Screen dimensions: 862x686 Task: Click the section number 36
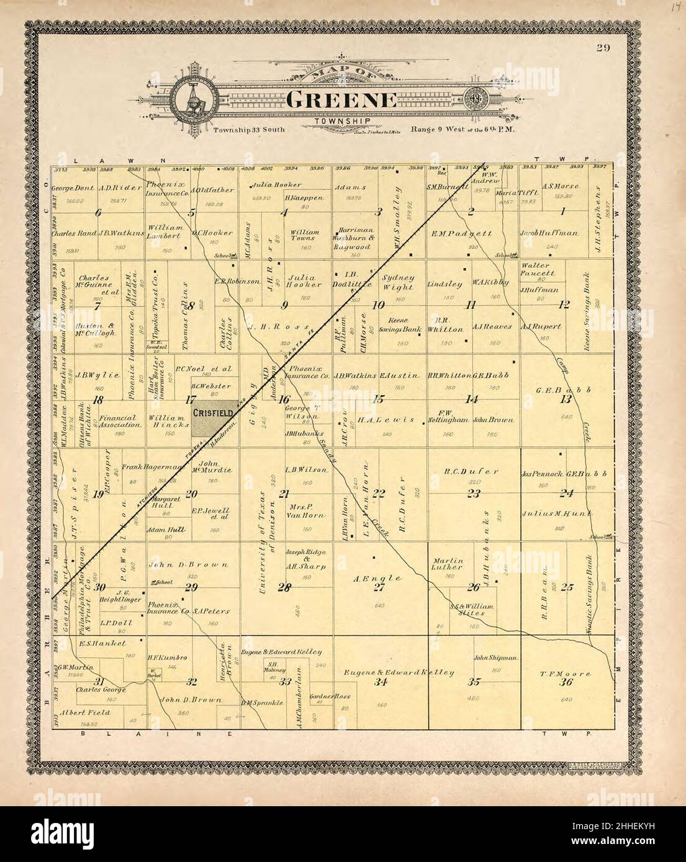565,682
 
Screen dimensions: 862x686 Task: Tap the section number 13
565,399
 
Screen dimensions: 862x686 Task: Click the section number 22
379,493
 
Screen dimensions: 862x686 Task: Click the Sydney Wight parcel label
397,282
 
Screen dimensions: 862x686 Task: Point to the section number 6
98,213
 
